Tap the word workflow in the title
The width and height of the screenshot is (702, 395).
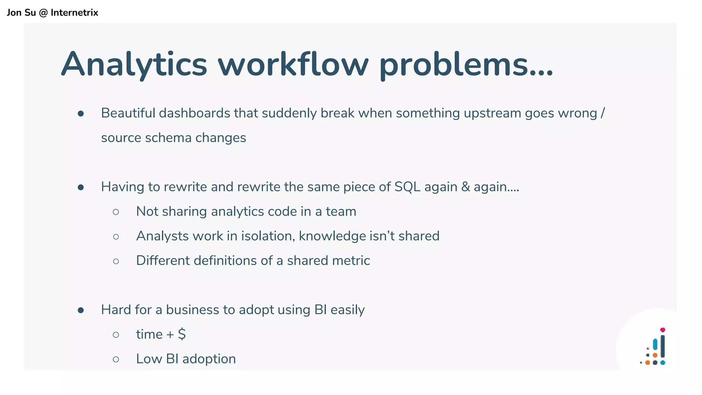click(x=293, y=64)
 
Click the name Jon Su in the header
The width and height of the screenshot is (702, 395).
click(x=21, y=13)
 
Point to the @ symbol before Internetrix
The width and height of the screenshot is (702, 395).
click(x=43, y=13)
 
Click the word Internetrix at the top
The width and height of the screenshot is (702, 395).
click(x=74, y=13)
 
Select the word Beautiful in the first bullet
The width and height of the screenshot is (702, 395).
click(x=128, y=113)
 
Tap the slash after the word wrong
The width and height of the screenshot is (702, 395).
click(x=603, y=113)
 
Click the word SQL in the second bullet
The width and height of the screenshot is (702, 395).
click(x=407, y=187)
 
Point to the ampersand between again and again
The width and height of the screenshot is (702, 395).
click(x=465, y=187)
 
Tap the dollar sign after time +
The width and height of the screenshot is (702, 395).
click(x=182, y=334)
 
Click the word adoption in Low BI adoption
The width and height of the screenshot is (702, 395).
click(x=209, y=359)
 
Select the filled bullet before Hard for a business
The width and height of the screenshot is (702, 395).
click(x=81, y=310)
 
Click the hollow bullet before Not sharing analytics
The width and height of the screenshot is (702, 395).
click(x=116, y=212)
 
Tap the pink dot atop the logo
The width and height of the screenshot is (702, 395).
click(x=663, y=330)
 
